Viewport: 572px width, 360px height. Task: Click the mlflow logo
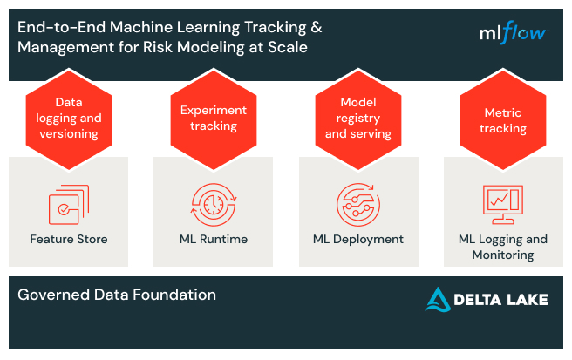pos(513,33)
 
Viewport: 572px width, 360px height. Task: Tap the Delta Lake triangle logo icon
pos(438,299)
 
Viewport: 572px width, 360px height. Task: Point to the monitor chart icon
pos(503,203)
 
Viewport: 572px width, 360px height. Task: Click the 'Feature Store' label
pos(69,239)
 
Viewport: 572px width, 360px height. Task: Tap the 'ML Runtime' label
pos(213,239)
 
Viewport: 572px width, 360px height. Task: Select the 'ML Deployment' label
pos(358,239)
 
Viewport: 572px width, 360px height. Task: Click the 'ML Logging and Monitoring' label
pos(503,247)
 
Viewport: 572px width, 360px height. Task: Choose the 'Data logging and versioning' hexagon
pos(69,118)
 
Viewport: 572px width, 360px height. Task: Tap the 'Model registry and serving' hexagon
pos(358,118)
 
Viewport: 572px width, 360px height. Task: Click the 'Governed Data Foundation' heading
pos(116,295)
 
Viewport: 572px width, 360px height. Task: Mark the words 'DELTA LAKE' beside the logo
pos(500,300)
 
